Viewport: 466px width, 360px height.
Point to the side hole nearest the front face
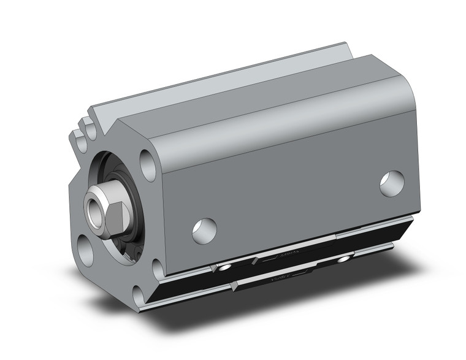point(204,230)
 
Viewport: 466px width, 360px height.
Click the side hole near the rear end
point(392,183)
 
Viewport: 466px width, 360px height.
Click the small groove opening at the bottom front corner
point(140,299)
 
